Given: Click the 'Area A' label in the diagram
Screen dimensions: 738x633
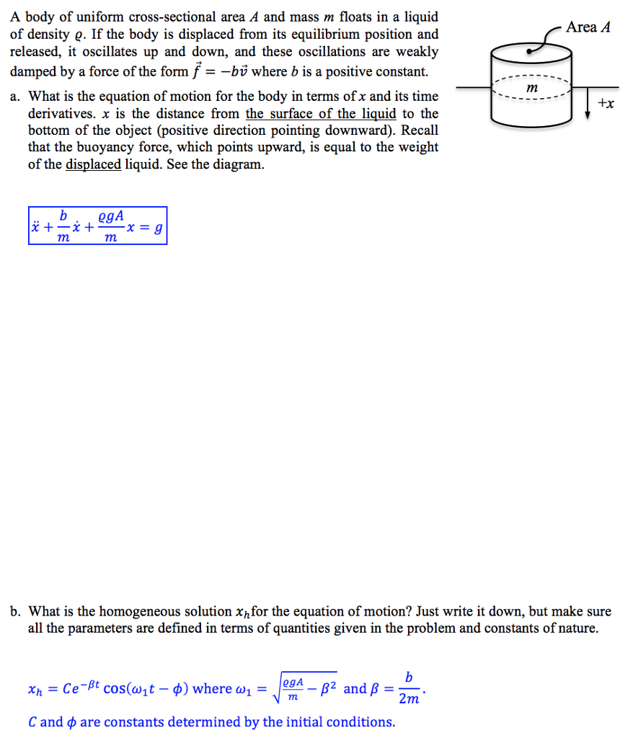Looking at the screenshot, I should pyautogui.click(x=588, y=27).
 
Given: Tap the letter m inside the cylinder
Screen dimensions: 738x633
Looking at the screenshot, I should pyautogui.click(x=533, y=86).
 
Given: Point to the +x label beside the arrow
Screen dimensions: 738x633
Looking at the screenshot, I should pyautogui.click(x=607, y=105).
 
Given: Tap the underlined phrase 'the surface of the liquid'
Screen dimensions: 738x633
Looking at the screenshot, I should pyautogui.click(x=321, y=114).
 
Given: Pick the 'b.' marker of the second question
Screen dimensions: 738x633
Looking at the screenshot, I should pyautogui.click(x=15, y=612).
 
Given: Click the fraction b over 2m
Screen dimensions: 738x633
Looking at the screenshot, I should pyautogui.click(x=409, y=688).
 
